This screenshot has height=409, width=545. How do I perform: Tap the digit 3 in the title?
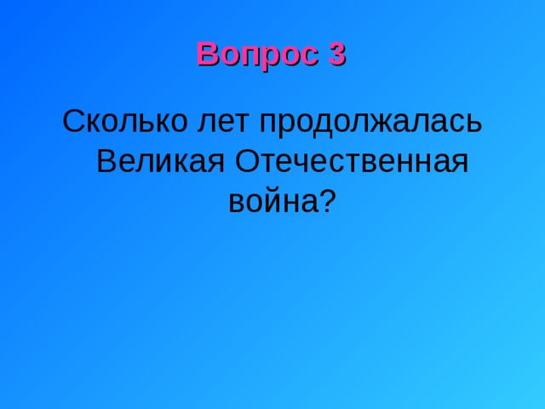(336, 55)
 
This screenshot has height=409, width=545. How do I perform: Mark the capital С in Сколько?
(73, 121)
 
